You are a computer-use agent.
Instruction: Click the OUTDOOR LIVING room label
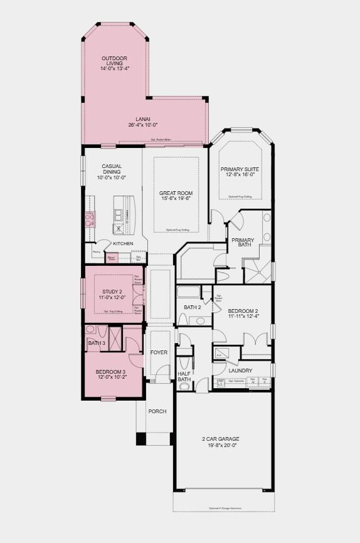(114, 61)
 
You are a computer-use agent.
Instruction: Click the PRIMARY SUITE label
(239, 169)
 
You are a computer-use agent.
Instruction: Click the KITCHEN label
(123, 243)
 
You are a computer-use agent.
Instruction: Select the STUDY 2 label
(114, 292)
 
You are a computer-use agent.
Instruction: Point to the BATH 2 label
(192, 307)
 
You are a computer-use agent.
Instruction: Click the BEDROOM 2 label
(243, 311)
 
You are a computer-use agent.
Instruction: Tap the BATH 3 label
(96, 343)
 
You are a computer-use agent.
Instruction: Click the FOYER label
(159, 352)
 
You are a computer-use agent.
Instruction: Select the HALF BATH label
(184, 376)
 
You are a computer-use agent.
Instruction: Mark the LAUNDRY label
(240, 371)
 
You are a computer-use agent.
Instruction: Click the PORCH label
(157, 411)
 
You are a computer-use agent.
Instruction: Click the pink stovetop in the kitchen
(90, 218)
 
